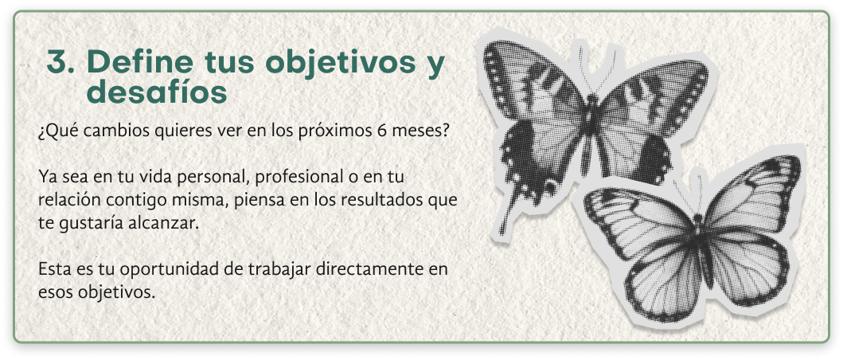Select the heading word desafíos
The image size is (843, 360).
coord(157,92)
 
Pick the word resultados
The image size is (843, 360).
coord(384,200)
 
